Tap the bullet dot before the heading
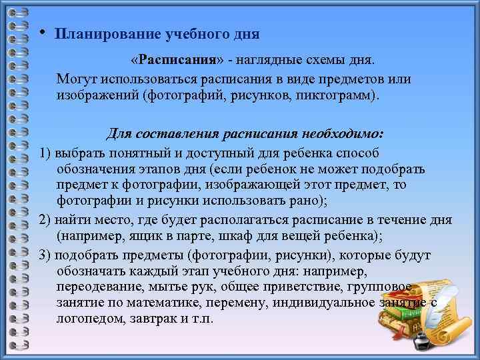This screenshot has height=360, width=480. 42,31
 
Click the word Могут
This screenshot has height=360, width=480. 77,79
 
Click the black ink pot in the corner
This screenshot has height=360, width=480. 421,341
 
